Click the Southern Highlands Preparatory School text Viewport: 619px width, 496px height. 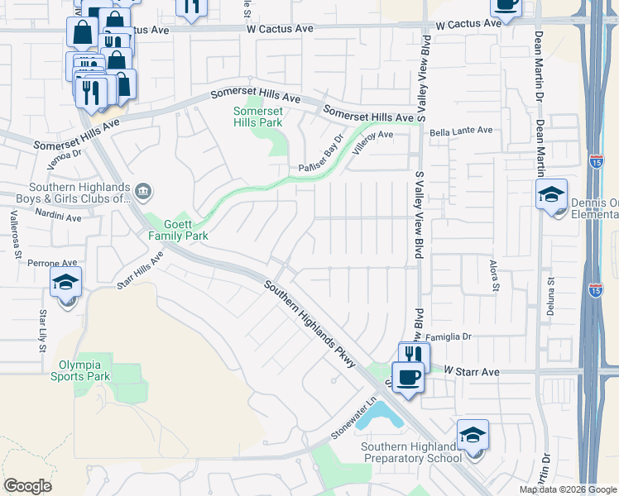coord(411,453)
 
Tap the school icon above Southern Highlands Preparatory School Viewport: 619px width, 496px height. coord(473,435)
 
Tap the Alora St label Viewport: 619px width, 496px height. coord(496,275)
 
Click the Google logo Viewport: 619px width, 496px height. coord(27,486)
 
